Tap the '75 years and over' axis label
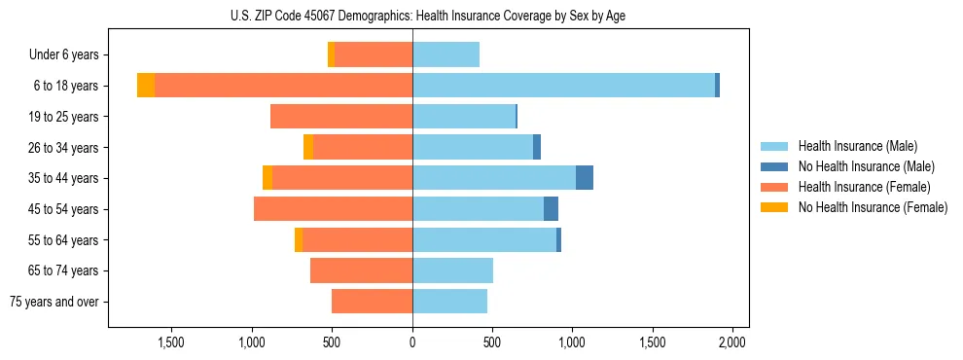(54, 302)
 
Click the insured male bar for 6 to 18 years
(563, 86)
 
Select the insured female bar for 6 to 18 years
(283, 86)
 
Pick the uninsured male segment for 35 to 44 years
(585, 178)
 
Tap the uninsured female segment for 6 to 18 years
(146, 86)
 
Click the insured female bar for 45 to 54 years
(333, 209)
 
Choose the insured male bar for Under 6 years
(446, 55)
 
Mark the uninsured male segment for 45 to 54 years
(551, 209)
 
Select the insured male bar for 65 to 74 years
(452, 270)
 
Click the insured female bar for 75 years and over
(372, 302)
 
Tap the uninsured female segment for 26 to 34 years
(308, 148)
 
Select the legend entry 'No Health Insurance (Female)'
(873, 207)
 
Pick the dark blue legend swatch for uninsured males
(774, 166)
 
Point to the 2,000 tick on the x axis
(731, 342)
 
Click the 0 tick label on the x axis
(412, 342)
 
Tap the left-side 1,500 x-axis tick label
(171, 342)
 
